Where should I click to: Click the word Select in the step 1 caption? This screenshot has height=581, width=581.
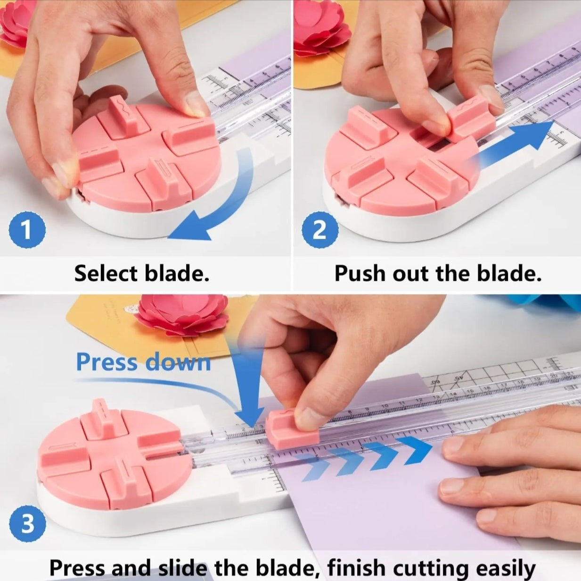coord(106,273)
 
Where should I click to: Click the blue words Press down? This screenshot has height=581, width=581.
coord(144,362)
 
